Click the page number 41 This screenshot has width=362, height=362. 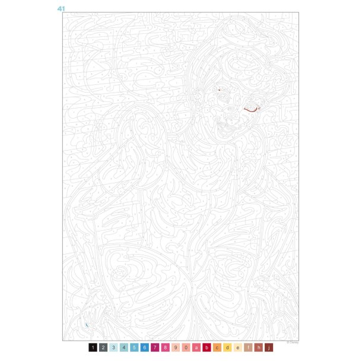pyautogui.click(x=61, y=9)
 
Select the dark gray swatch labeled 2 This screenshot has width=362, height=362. pyautogui.click(x=103, y=347)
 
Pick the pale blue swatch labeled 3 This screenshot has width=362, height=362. pyautogui.click(x=114, y=347)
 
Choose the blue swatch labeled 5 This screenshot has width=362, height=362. pyautogui.click(x=135, y=347)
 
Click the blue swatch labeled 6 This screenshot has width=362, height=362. pyautogui.click(x=145, y=347)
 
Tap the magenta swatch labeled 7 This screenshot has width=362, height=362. pyautogui.click(x=155, y=347)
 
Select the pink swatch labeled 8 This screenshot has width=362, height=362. pyautogui.click(x=166, y=347)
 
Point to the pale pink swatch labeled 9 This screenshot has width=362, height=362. pyautogui.click(x=176, y=347)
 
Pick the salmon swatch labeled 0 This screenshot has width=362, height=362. pyautogui.click(x=186, y=347)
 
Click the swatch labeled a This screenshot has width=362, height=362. pyautogui.click(x=197, y=347)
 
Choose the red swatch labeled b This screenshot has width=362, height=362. pyautogui.click(x=207, y=347)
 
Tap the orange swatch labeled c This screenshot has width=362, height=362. pyautogui.click(x=218, y=347)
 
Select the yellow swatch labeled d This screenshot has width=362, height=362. pyautogui.click(x=228, y=347)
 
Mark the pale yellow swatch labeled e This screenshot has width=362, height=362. pyautogui.click(x=239, y=347)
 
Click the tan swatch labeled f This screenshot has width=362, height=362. pyautogui.click(x=249, y=347)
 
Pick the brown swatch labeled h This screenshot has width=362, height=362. pyautogui.click(x=259, y=347)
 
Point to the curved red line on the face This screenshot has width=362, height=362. pyautogui.click(x=250, y=110)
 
